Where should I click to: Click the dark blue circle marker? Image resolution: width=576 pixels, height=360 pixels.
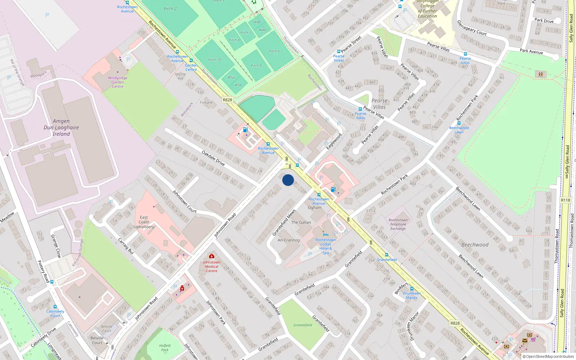pyautogui.click(x=288, y=180)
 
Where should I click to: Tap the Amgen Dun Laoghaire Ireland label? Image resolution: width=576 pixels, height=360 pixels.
pyautogui.click(x=61, y=127)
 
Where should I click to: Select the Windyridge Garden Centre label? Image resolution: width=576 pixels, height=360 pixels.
pyautogui.click(x=117, y=82)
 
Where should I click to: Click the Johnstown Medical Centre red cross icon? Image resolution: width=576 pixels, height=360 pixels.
pyautogui.click(x=212, y=256)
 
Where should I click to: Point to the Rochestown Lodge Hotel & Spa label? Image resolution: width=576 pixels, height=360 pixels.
pyautogui.click(x=325, y=246)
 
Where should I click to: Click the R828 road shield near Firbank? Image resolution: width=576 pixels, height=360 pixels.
pyautogui.click(x=227, y=100)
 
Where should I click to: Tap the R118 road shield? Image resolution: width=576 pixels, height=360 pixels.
pyautogui.click(x=565, y=200)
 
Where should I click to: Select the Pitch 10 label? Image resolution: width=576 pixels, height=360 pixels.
pyautogui.click(x=215, y=60)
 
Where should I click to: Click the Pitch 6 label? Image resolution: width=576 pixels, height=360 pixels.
pyautogui.click(x=274, y=51)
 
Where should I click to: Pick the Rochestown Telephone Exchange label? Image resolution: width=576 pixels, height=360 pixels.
pyautogui.click(x=398, y=224)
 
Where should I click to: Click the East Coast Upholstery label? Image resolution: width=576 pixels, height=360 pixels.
pyautogui.click(x=144, y=222)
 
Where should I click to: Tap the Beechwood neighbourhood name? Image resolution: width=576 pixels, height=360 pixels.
pyautogui.click(x=475, y=245)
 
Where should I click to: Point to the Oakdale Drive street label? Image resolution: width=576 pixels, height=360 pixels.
pyautogui.click(x=213, y=158)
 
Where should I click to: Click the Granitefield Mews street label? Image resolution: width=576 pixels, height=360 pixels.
pyautogui.click(x=284, y=222)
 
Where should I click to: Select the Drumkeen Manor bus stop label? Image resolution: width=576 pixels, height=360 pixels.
pyautogui.click(x=411, y=296)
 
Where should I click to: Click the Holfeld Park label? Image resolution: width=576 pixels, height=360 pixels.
pyautogui.click(x=165, y=347)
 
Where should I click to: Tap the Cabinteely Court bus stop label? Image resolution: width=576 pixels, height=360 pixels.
pyautogui.click(x=55, y=314)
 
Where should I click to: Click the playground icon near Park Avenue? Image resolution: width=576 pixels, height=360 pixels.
pyautogui.click(x=540, y=75)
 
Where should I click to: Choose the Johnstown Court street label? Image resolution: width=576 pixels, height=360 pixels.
pyautogui.click(x=184, y=202)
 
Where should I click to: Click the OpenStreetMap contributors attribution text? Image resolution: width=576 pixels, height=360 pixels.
pyautogui.click(x=548, y=356)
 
